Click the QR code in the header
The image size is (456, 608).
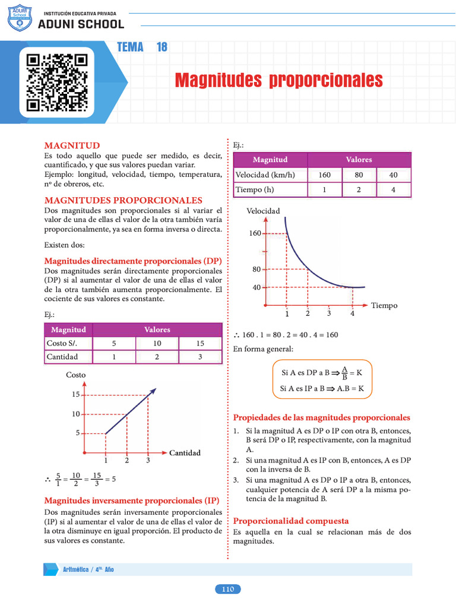click(x=57, y=83)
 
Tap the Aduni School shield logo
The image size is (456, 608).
click(x=20, y=20)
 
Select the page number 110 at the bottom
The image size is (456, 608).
click(x=227, y=589)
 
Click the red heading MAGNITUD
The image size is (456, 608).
click(x=72, y=145)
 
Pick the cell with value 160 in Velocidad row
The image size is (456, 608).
click(x=324, y=175)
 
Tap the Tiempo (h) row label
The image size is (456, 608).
click(x=255, y=189)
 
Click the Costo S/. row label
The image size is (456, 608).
click(x=62, y=343)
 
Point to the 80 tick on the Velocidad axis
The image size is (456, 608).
click(x=256, y=270)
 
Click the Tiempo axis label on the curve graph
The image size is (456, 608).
click(x=384, y=305)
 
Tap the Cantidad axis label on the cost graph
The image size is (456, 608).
click(x=185, y=453)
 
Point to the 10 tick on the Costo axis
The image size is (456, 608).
click(x=75, y=414)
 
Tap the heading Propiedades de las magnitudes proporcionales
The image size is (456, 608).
click(x=321, y=417)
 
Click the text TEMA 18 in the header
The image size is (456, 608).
click(x=142, y=47)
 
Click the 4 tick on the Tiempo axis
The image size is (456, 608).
click(x=352, y=313)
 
